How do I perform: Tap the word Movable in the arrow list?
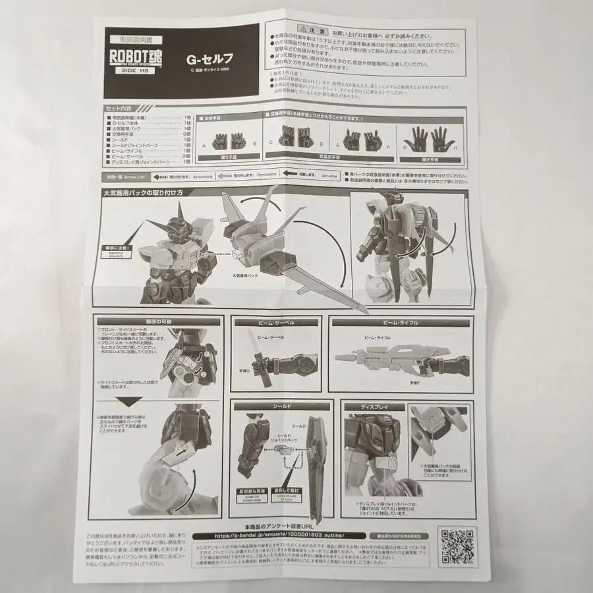pos(329,177)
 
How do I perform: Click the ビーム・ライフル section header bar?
pos(399,323)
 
